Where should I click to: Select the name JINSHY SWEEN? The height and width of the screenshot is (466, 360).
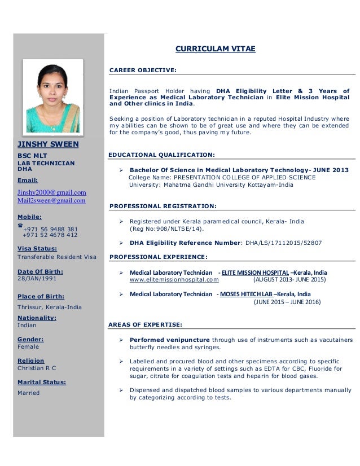(x=48, y=144)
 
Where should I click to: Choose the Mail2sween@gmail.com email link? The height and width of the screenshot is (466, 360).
(x=51, y=200)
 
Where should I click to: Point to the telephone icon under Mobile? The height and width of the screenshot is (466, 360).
(x=21, y=226)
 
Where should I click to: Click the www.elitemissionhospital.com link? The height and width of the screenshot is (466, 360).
(x=174, y=279)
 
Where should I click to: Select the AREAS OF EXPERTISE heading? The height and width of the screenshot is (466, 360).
(x=144, y=324)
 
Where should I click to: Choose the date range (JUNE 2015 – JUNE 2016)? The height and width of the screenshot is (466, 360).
(x=287, y=302)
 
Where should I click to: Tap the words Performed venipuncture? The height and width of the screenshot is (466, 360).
(x=169, y=340)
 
